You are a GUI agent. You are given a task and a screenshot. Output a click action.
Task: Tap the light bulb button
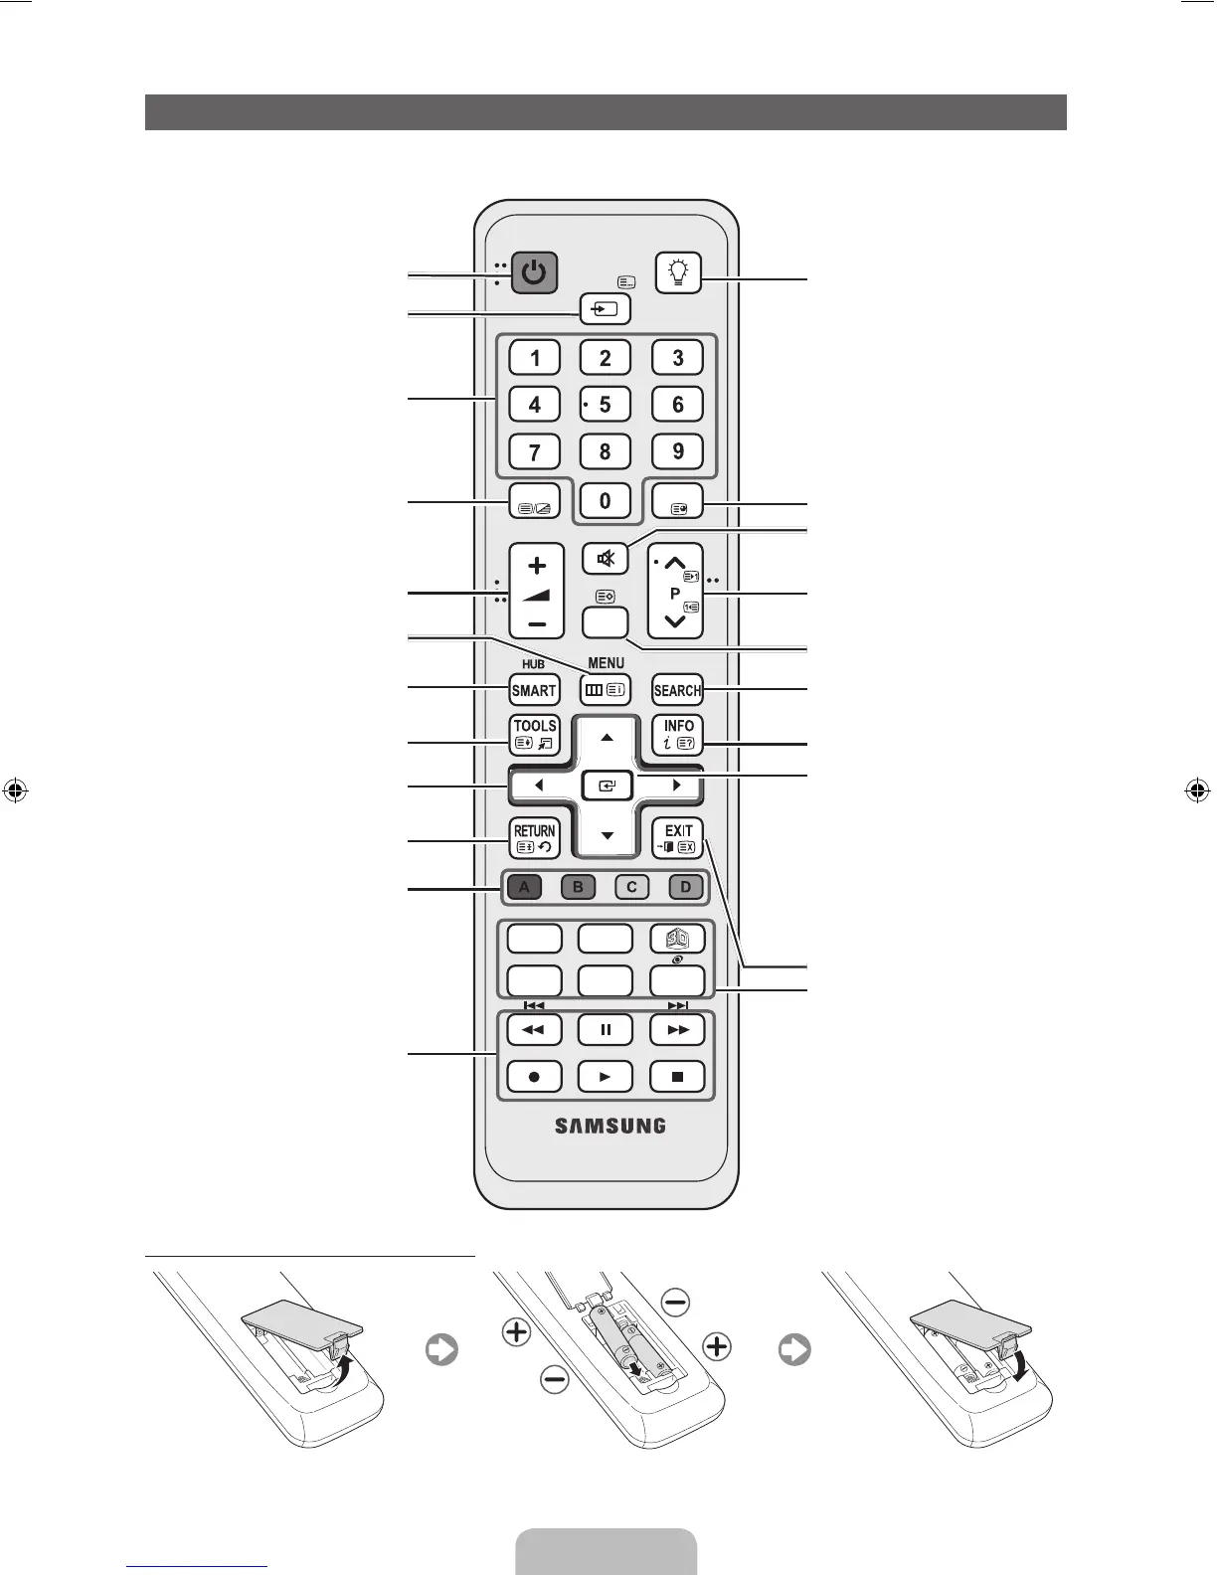(679, 272)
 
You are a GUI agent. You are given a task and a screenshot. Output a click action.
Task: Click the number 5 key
(605, 405)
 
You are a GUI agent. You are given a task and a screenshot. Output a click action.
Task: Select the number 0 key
(605, 500)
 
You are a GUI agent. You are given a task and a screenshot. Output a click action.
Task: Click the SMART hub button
(534, 690)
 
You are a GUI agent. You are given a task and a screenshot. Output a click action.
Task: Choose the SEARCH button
(677, 690)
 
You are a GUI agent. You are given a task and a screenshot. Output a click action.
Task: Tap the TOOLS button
(534, 735)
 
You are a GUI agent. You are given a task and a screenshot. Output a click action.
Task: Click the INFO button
(677, 735)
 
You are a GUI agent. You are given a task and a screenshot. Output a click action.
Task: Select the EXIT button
(677, 838)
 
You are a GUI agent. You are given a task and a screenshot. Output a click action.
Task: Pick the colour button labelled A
(524, 887)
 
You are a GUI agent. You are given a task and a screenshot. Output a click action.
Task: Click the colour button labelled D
(685, 887)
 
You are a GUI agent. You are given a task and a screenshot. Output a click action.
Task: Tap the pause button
(605, 1029)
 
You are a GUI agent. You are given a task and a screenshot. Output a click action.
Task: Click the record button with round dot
(534, 1076)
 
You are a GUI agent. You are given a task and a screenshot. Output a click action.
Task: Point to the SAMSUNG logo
(609, 1127)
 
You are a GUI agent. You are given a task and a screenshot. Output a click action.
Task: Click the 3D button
(677, 938)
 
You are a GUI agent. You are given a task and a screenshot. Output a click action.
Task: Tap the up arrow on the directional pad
(607, 739)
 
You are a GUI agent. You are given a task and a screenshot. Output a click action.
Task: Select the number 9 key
(677, 451)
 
